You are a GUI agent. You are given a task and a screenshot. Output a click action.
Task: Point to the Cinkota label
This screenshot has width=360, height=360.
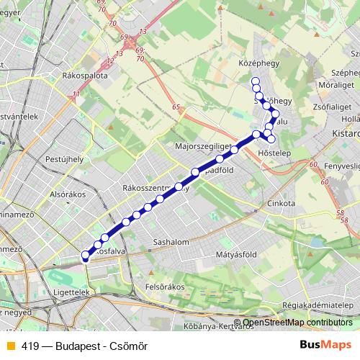[x=282, y=204]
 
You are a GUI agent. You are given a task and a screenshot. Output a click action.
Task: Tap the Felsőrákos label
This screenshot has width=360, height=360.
[x=166, y=287]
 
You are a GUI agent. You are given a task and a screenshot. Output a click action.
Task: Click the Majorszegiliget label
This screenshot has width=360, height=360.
[x=202, y=146]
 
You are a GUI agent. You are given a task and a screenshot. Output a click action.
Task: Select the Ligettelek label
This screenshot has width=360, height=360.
[x=71, y=292]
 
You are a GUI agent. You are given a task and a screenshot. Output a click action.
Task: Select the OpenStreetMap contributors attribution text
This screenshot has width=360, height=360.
[x=297, y=323]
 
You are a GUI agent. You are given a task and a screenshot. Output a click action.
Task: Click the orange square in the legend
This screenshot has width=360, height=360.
[x=9, y=346]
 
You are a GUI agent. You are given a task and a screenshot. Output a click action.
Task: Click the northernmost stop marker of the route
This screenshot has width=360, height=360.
[x=255, y=81]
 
